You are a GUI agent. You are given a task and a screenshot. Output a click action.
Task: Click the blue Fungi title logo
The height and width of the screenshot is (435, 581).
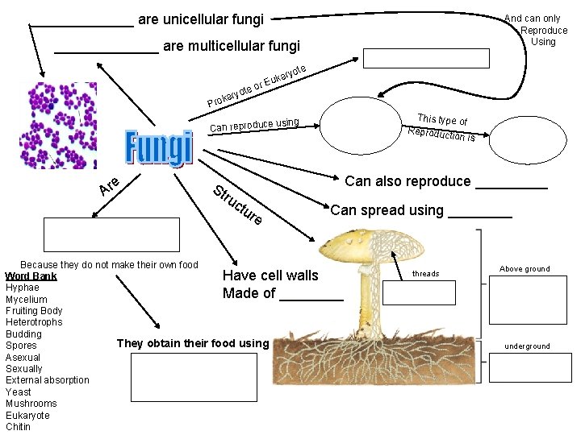[x=159, y=147]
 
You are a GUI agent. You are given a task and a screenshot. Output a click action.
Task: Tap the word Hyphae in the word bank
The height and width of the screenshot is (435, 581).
[x=22, y=288]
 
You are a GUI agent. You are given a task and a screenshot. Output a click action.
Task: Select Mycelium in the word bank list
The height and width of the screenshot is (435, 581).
[x=27, y=299]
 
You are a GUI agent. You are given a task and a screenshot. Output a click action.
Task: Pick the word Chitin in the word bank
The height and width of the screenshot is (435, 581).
[x=18, y=427]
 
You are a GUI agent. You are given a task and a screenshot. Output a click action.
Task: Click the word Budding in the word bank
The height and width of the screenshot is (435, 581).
[x=23, y=333]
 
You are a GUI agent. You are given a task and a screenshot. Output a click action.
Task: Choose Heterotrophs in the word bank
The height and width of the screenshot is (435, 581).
[x=34, y=322]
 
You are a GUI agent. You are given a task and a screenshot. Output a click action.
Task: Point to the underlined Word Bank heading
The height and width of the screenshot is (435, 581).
[x=31, y=276]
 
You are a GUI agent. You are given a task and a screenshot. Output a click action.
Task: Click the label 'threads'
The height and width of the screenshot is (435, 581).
[x=425, y=274]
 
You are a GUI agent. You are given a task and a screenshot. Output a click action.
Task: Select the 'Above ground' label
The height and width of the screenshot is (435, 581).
[x=525, y=269]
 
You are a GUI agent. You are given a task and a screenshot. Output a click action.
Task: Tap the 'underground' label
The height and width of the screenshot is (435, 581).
[x=527, y=346]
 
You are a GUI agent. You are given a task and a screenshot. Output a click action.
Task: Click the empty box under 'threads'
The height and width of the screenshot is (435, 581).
[x=418, y=293]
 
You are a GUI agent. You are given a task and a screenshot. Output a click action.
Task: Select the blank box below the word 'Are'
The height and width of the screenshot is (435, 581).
[x=111, y=234]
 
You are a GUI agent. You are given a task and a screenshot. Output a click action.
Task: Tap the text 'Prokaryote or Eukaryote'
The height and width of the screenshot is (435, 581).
[x=257, y=85]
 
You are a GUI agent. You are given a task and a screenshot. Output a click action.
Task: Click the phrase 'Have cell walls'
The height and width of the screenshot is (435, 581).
[x=270, y=275]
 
